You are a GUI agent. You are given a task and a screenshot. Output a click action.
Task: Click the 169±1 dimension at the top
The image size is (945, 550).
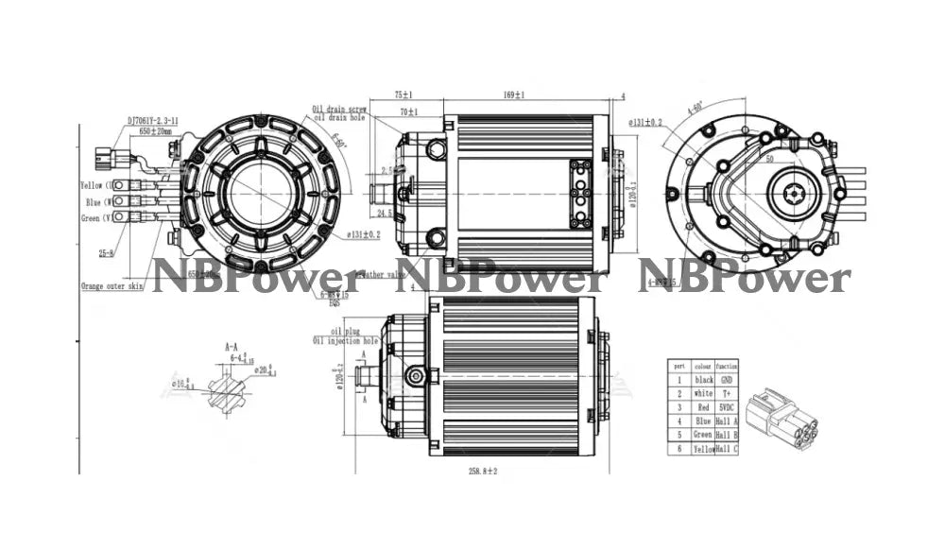(514, 95)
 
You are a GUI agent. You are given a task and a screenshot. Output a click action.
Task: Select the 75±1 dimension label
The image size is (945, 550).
(404, 95)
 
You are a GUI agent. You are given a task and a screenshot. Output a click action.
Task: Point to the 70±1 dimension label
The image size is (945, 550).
(409, 112)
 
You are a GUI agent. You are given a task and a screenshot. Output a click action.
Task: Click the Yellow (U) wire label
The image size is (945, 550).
(96, 185)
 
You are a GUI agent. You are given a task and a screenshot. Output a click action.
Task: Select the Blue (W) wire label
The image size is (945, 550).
(99, 201)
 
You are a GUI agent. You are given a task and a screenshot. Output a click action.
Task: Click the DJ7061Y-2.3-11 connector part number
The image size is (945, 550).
(155, 122)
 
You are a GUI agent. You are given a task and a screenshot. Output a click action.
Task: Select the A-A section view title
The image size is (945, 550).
(232, 347)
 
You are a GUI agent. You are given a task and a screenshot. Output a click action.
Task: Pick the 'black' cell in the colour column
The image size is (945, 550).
(703, 379)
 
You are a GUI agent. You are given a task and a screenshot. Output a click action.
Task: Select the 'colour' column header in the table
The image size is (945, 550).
(703, 365)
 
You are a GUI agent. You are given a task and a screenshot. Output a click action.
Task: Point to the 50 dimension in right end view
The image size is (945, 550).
(770, 160)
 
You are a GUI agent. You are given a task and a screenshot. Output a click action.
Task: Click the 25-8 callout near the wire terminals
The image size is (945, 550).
(107, 252)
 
